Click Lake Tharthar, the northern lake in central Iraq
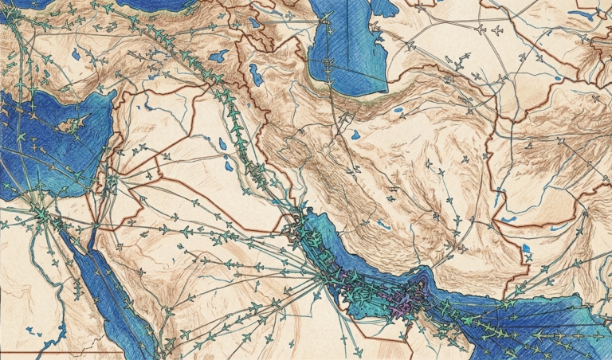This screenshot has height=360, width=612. pyautogui.click(x=223, y=144)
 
